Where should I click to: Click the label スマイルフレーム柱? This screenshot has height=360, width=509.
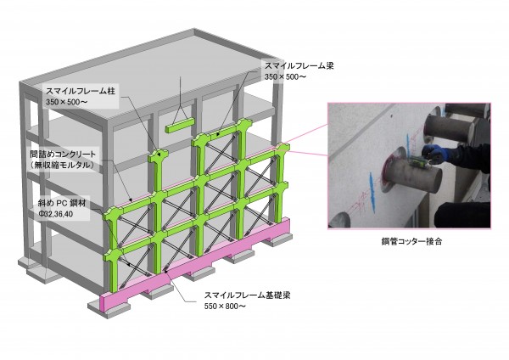click(x=81, y=91)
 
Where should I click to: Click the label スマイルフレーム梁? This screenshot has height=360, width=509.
click(x=299, y=65)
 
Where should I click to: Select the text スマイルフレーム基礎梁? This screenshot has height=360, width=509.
click(x=247, y=295)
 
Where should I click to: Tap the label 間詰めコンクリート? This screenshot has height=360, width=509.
click(x=63, y=154)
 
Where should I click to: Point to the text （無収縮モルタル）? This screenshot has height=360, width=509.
click(x=62, y=165)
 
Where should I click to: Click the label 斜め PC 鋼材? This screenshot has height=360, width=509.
click(x=62, y=204)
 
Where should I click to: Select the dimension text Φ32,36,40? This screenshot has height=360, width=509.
click(x=55, y=215)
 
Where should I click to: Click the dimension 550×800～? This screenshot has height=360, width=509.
click(x=225, y=306)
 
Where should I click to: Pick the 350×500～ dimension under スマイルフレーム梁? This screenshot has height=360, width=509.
click(x=285, y=76)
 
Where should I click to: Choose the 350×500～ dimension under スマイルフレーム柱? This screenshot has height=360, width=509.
click(x=66, y=102)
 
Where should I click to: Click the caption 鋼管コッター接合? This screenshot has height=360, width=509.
click(x=411, y=241)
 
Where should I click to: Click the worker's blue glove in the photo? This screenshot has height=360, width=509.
click(x=436, y=155)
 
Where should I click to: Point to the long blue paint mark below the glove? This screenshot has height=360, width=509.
click(x=372, y=192)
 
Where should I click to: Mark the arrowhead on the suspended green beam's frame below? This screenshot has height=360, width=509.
click(x=218, y=133)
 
